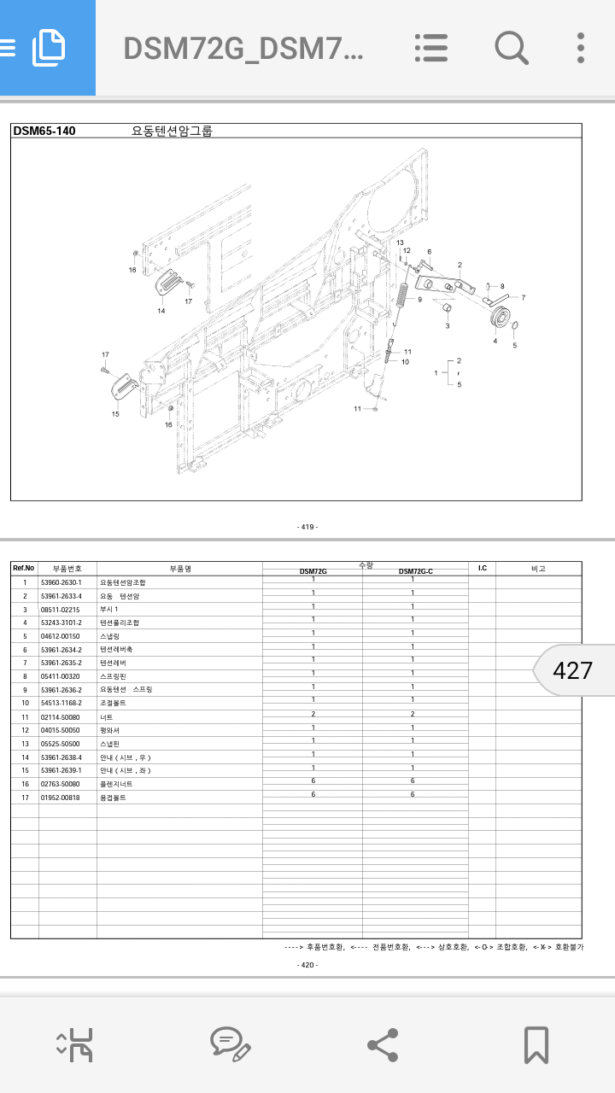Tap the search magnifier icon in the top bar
[511, 48]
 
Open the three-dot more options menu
[581, 48]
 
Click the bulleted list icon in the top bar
[431, 48]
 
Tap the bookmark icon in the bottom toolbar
[536, 1044]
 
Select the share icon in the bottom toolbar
[382, 1044]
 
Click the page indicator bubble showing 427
[572, 670]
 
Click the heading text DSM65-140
[44, 131]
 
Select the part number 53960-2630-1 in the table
[61, 582]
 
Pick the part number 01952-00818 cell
[61, 798]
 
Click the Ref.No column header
[24, 568]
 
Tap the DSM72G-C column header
[415, 571]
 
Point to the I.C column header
[482, 568]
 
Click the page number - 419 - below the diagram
[307, 527]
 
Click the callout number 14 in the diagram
[161, 311]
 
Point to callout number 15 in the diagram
[115, 414]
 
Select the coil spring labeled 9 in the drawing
[401, 298]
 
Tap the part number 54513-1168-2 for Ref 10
[61, 703]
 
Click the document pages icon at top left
[49, 48]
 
